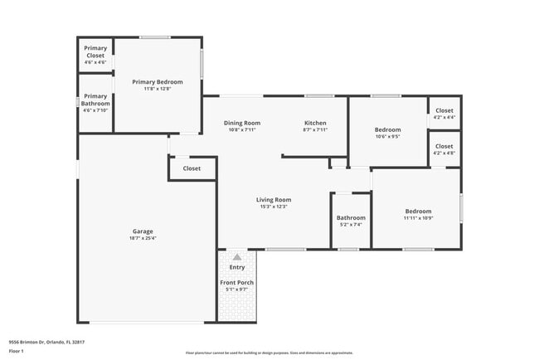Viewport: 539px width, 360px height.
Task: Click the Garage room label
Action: click(x=143, y=231)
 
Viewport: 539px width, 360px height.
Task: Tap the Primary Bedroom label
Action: click(x=158, y=82)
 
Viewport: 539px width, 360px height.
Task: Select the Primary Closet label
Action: click(x=95, y=52)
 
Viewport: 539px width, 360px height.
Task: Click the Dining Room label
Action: click(x=242, y=123)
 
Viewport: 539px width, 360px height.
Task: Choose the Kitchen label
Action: click(x=315, y=123)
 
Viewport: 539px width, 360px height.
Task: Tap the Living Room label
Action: click(x=273, y=199)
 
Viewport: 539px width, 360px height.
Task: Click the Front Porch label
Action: click(x=237, y=283)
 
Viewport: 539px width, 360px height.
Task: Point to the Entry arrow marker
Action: click(x=237, y=257)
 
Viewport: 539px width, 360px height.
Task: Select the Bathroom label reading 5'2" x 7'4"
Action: click(x=351, y=217)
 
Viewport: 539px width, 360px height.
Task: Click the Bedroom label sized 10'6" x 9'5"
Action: click(x=387, y=129)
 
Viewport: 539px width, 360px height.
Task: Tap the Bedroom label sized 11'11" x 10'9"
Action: click(x=418, y=211)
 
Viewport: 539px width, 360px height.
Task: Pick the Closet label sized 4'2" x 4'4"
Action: click(x=444, y=110)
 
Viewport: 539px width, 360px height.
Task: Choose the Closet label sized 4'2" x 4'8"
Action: click(x=444, y=146)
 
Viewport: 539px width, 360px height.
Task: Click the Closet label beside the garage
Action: click(x=192, y=168)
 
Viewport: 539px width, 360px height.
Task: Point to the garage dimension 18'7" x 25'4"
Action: click(x=143, y=238)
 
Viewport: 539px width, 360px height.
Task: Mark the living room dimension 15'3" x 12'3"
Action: click(x=273, y=207)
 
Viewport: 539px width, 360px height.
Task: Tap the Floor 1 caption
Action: click(x=16, y=351)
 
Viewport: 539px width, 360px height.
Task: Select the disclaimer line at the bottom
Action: click(x=269, y=353)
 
